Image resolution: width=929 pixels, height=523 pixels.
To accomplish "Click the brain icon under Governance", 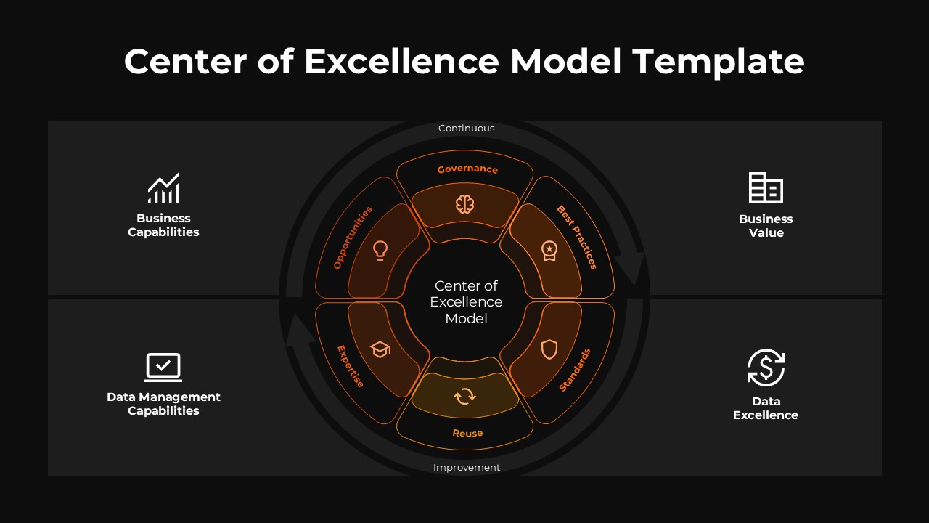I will tap(464, 204).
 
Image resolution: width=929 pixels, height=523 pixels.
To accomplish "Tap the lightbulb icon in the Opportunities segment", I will tap(380, 251).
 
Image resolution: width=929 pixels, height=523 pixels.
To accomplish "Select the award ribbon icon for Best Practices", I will tap(549, 251).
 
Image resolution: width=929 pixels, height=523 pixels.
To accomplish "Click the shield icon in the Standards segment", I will tap(549, 349).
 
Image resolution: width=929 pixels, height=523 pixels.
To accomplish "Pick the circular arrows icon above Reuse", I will tap(464, 396).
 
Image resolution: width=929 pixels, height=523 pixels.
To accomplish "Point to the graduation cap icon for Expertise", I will tap(380, 349).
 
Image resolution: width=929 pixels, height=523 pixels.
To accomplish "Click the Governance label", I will tap(467, 169).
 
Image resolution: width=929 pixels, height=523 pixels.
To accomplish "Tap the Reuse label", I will tap(467, 433).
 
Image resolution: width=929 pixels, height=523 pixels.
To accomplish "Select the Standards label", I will tap(575, 370).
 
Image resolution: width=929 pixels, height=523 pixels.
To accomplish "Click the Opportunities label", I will tap(353, 238).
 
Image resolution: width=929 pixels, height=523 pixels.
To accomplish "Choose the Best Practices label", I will tap(577, 237).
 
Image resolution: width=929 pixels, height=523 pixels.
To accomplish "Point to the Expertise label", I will tap(351, 366).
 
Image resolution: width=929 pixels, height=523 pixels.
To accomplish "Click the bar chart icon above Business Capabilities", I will tap(163, 188).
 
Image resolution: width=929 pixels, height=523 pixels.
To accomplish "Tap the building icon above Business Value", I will tap(766, 188).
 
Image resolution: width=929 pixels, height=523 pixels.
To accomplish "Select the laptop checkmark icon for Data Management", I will tap(163, 367).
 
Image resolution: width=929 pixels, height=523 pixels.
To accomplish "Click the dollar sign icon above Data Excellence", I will tap(766, 368).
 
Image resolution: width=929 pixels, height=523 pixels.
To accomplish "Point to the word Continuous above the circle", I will tap(467, 129).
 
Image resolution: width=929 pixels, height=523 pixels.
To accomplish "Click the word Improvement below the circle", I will tap(467, 468).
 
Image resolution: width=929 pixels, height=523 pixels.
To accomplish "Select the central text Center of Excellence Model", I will tap(466, 302).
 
